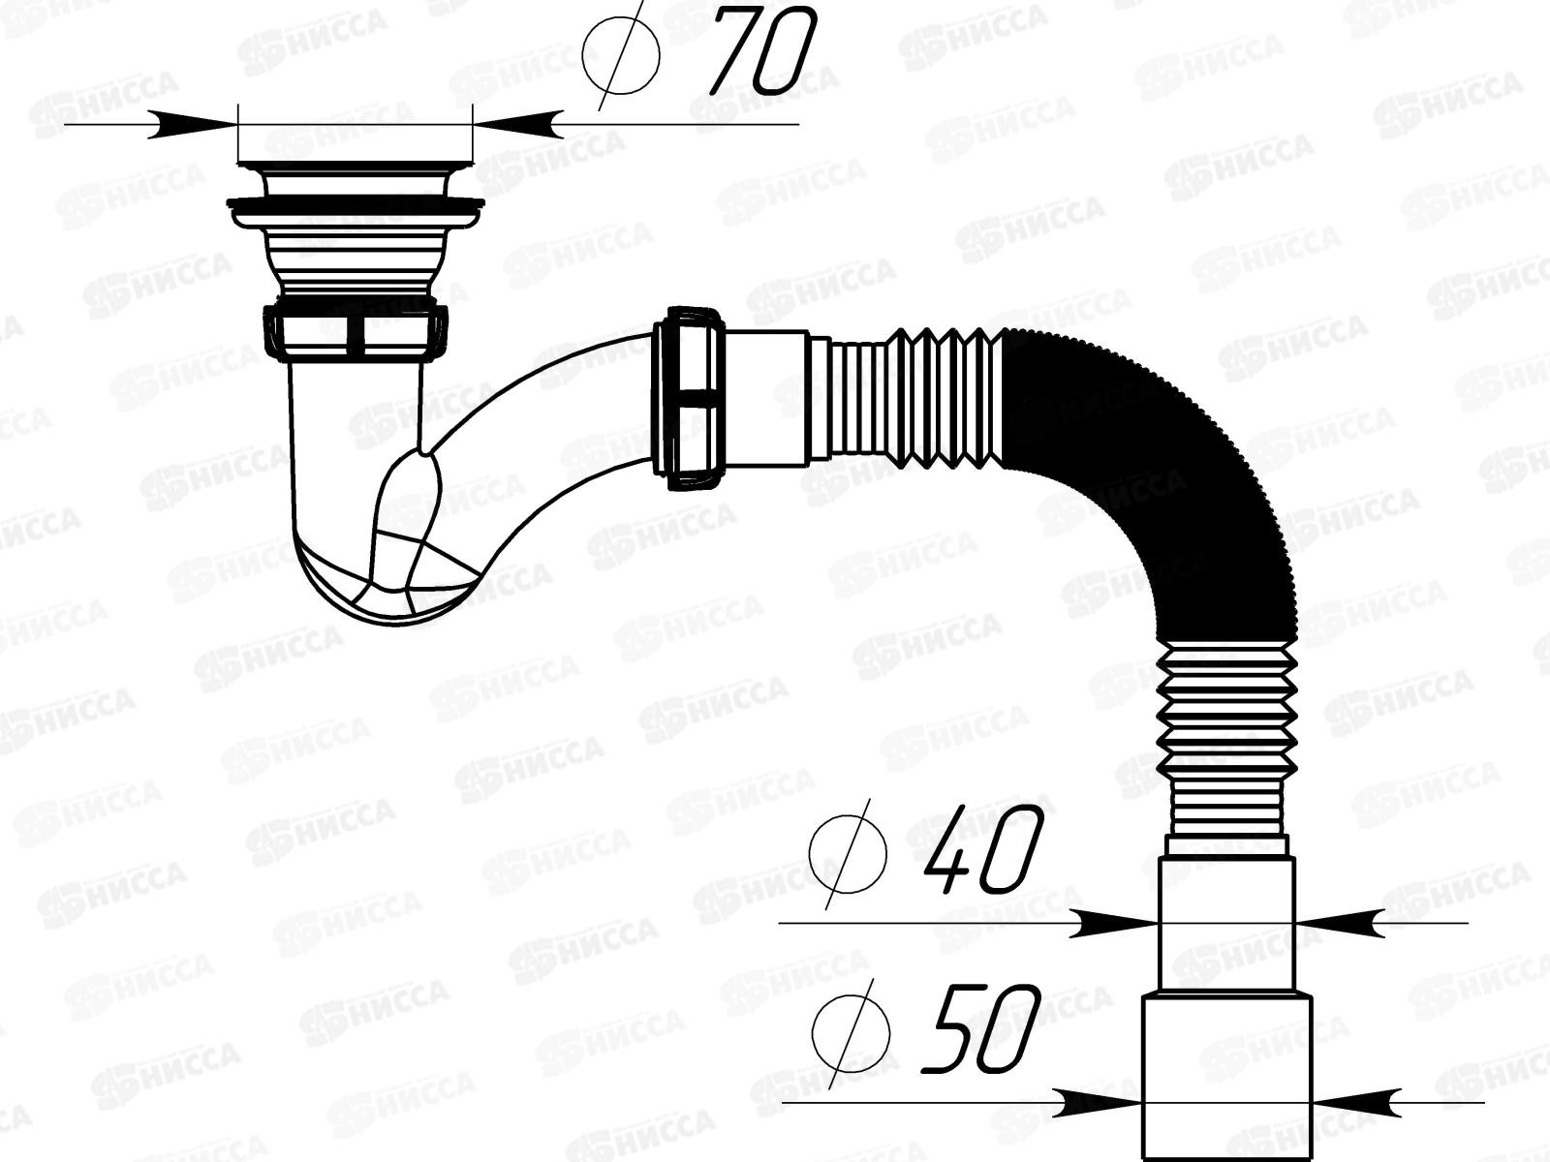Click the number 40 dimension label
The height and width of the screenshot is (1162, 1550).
coord(978,852)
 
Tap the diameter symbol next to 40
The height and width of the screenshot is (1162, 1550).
coord(849,852)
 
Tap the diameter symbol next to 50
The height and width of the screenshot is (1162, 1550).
coord(851,1030)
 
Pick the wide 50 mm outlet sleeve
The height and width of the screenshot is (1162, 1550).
coord(1226,1075)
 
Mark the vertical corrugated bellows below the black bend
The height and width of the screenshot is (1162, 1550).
coord(1225,736)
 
